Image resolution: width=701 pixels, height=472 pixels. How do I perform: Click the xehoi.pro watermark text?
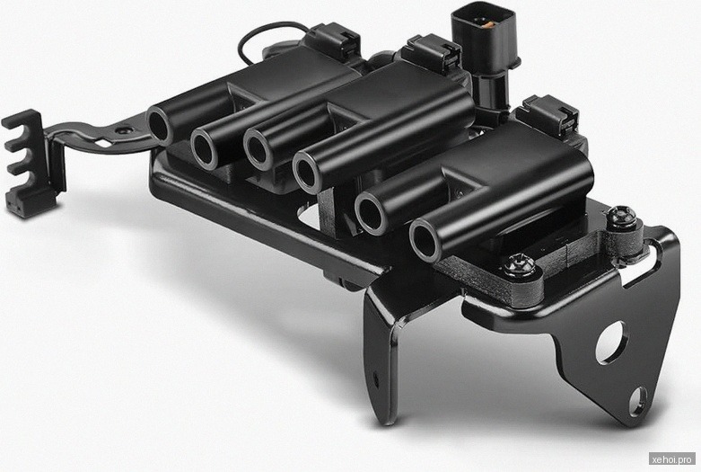click(x=672, y=459)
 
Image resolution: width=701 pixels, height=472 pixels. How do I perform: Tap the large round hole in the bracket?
click(x=611, y=343)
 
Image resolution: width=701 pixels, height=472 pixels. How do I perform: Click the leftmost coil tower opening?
click(x=159, y=125)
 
